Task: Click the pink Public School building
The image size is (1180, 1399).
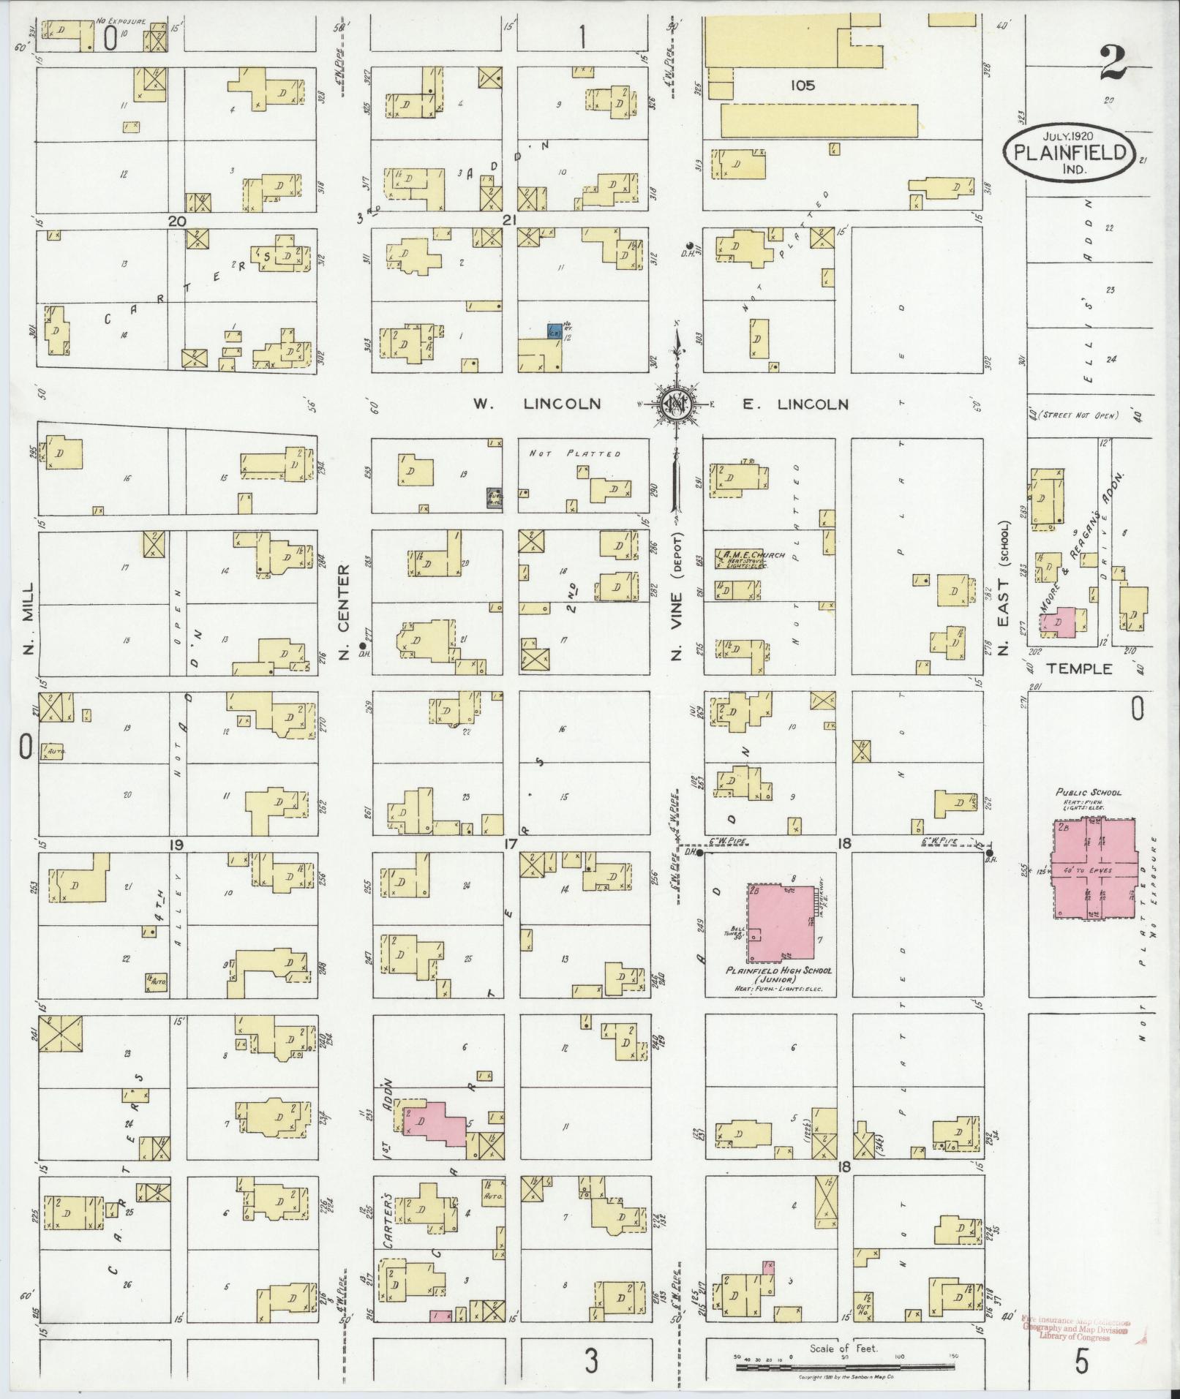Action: pos(1094,870)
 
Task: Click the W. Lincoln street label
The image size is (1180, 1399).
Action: pos(537,404)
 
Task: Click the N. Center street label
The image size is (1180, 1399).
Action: pos(345,612)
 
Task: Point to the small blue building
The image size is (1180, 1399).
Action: pos(555,331)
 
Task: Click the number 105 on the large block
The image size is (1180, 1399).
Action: pos(802,86)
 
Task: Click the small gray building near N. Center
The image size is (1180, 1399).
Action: pos(495,498)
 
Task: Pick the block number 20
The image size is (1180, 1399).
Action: pos(177,221)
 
